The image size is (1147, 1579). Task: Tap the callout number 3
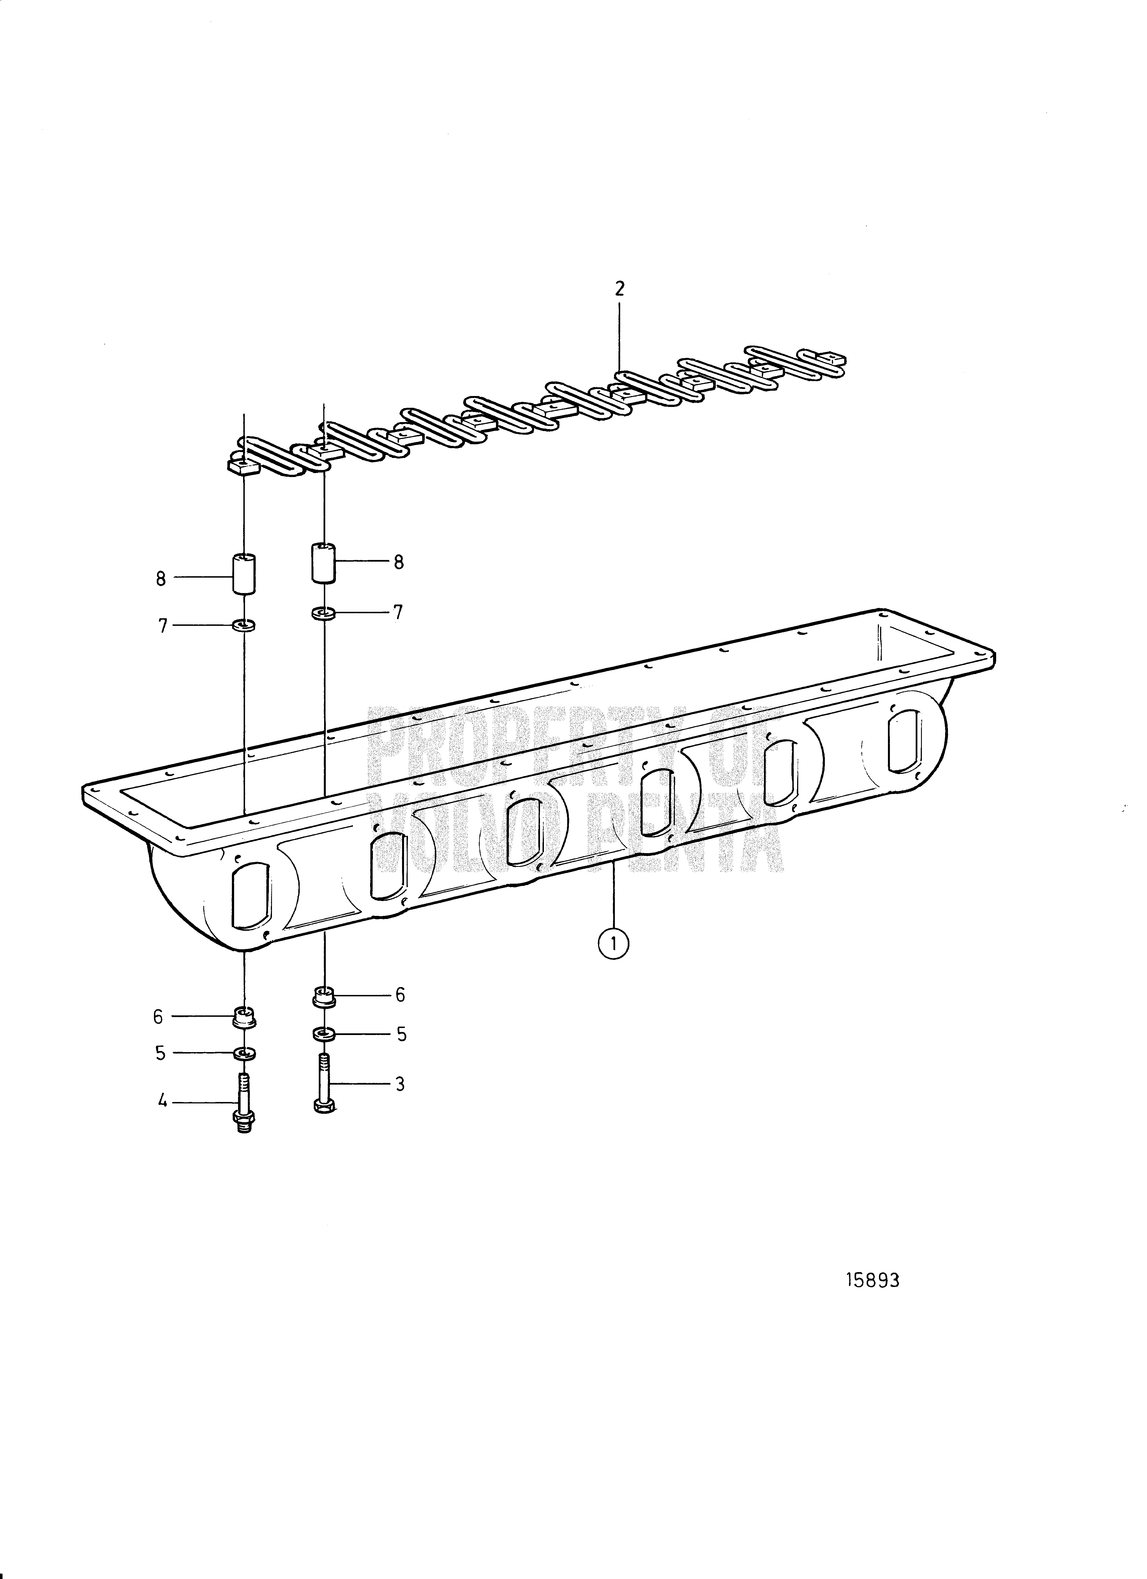tap(400, 1084)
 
